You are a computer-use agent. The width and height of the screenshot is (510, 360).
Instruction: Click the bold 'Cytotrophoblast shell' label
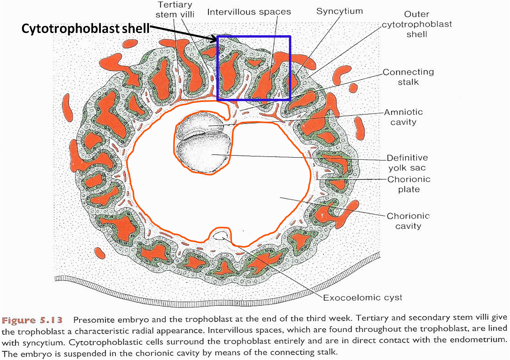tap(85, 29)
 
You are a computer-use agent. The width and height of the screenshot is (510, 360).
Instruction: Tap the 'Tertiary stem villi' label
tap(175, 10)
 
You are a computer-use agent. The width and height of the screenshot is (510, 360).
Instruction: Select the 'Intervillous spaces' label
tap(249, 12)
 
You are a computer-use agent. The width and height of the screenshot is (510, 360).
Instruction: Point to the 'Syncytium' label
tap(339, 11)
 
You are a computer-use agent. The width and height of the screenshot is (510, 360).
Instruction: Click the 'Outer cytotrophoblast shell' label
tap(417, 24)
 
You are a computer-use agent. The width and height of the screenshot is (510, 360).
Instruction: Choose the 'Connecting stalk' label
tap(408, 77)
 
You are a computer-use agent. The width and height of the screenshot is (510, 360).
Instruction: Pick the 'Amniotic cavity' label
tap(403, 117)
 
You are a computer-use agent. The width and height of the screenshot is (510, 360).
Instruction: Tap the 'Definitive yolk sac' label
tap(407, 163)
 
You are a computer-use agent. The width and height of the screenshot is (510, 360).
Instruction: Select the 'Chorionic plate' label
tap(409, 184)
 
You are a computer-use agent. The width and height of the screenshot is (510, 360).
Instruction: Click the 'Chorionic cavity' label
tap(408, 221)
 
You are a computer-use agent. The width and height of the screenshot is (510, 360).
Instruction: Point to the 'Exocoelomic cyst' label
tap(363, 298)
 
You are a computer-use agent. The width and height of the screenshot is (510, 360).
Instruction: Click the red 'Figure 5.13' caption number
tap(32, 320)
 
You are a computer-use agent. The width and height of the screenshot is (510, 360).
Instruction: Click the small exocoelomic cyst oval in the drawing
tap(220, 235)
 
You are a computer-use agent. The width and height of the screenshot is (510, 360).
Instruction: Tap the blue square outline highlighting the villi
tap(253, 36)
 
